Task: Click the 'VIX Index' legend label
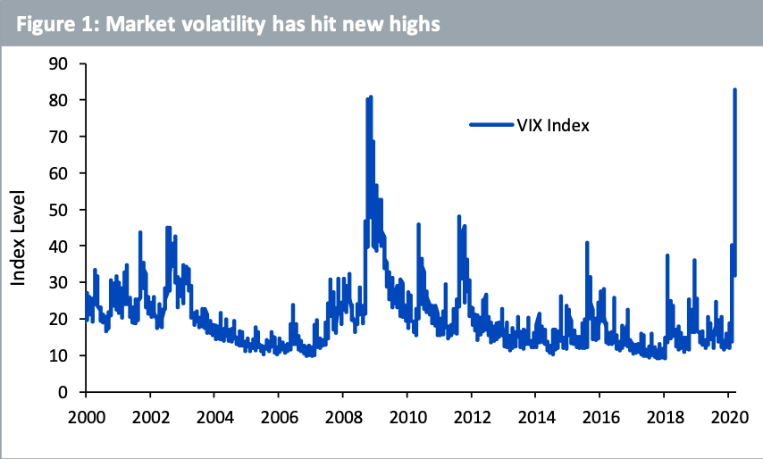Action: click(x=552, y=125)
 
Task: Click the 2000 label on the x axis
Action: click(x=85, y=417)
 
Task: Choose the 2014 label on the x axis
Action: click(x=534, y=417)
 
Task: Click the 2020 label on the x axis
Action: click(x=726, y=417)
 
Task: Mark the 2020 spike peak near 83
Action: click(x=734, y=90)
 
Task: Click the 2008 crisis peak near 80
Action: click(x=370, y=97)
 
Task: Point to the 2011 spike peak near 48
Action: click(x=459, y=217)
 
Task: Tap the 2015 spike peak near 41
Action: click(x=587, y=243)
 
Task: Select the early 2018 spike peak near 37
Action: click(x=667, y=256)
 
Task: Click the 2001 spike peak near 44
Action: click(x=140, y=232)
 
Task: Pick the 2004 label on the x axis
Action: click(x=214, y=417)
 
